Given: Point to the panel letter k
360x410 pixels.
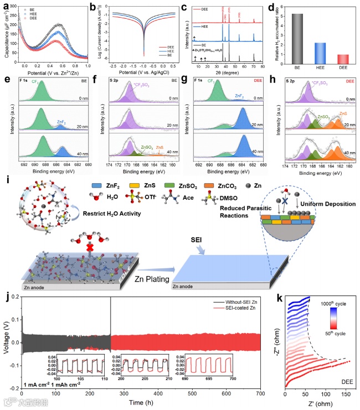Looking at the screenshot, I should [281, 298].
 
